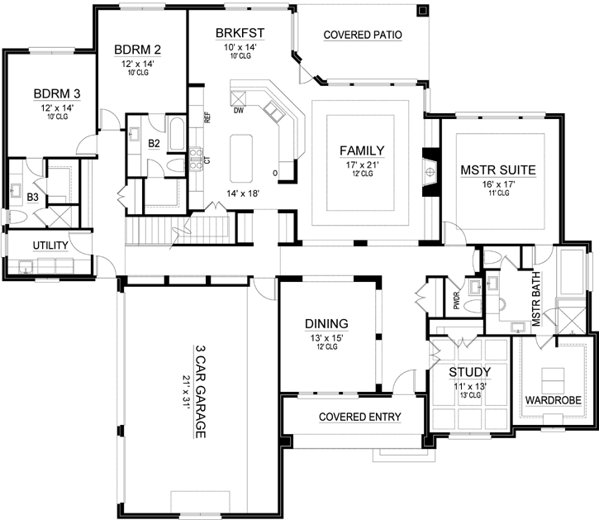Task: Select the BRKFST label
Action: [x=239, y=33]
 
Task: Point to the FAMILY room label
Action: [x=362, y=150]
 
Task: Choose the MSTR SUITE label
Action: [x=498, y=170]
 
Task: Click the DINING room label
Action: [x=326, y=323]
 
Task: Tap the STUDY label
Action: [x=469, y=371]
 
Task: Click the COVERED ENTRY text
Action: [x=359, y=417]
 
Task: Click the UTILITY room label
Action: [x=50, y=246]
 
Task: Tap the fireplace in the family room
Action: [x=430, y=171]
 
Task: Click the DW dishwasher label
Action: [x=238, y=109]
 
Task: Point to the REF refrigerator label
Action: [x=208, y=117]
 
